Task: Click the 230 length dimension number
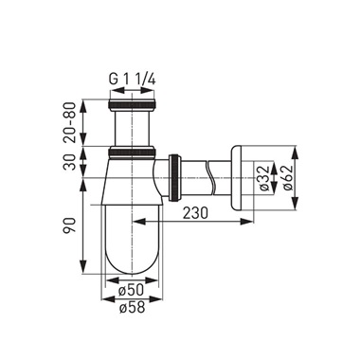click(x=197, y=215)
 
